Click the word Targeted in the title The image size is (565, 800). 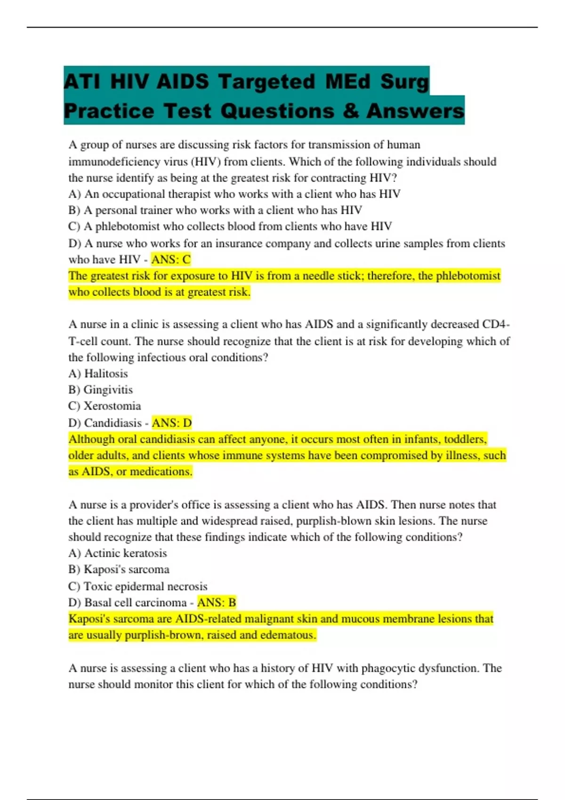266,81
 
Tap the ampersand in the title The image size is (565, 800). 351,111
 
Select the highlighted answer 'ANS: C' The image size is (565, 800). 171,259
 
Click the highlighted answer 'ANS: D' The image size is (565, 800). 172,423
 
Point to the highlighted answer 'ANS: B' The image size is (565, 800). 217,602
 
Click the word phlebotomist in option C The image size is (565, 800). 128,226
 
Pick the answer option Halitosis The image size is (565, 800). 105,374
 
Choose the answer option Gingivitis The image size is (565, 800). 108,390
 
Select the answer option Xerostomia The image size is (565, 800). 112,406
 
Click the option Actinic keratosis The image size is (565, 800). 125,553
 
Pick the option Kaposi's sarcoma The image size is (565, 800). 126,569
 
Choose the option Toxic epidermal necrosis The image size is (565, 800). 145,586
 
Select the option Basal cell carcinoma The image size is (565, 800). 135,602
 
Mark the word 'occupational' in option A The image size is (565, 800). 133,194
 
